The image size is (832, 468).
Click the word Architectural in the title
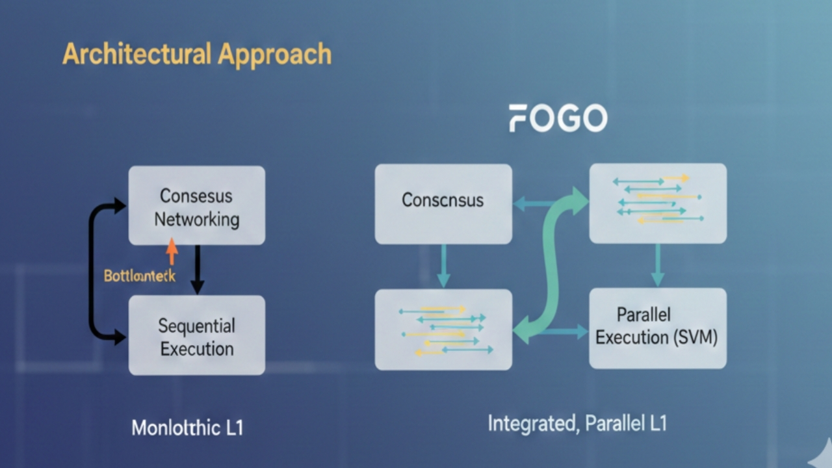pyautogui.click(x=137, y=54)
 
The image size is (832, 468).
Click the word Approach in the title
pyautogui.click(x=274, y=55)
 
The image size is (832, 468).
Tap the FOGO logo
pyautogui.click(x=558, y=118)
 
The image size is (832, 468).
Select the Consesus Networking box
pyautogui.click(x=196, y=205)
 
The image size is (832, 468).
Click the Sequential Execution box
pyautogui.click(x=196, y=335)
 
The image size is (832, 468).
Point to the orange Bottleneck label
pyautogui.click(x=139, y=276)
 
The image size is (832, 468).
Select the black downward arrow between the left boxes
pyautogui.click(x=197, y=269)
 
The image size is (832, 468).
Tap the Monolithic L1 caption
pyautogui.click(x=187, y=428)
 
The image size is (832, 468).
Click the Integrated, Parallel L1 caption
pyautogui.click(x=577, y=424)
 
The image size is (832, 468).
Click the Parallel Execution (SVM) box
pyautogui.click(x=657, y=328)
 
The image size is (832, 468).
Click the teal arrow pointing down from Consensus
pyautogui.click(x=443, y=266)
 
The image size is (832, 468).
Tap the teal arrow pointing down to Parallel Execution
pyautogui.click(x=657, y=265)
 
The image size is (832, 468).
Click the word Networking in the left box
pyautogui.click(x=196, y=219)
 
